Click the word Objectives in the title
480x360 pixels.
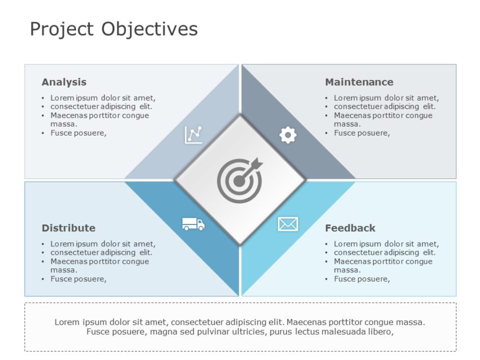coord(150,29)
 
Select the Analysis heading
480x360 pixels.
coord(64,82)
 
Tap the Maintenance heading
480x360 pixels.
coord(359,82)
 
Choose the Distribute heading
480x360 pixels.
coord(69,228)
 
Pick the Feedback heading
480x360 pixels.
coord(350,228)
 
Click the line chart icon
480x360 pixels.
coord(194,134)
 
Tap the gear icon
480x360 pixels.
coord(288,135)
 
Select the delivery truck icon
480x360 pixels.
coord(193,224)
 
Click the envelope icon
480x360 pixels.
coord(288,224)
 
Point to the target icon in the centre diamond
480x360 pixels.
coord(239,181)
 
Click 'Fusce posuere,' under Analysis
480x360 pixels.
coord(78,133)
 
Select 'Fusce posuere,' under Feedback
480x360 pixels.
coord(362,279)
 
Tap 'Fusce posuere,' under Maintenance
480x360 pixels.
coord(362,133)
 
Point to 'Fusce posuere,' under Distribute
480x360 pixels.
coord(78,279)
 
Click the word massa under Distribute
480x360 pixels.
coord(64,270)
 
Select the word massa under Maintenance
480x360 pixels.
coord(347,124)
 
